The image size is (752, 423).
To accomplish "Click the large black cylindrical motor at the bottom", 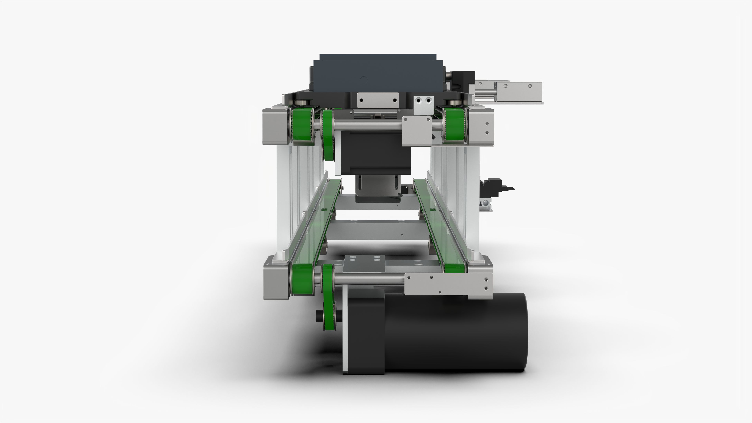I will click(x=455, y=333).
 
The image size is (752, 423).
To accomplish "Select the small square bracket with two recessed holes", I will click(x=423, y=105).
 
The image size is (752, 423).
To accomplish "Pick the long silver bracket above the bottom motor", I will click(x=448, y=285).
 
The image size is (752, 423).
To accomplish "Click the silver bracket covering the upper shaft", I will click(x=417, y=131).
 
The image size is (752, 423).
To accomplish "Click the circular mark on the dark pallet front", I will click(x=364, y=79).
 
